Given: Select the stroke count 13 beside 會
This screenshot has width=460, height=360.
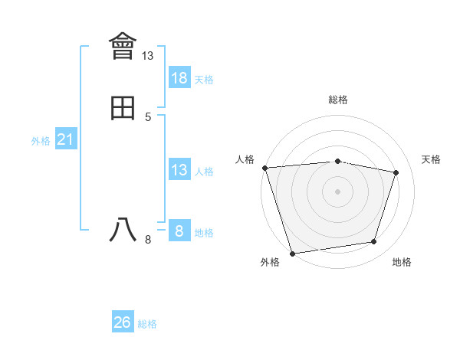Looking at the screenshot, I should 148,56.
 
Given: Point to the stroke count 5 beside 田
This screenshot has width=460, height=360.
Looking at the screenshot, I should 148,117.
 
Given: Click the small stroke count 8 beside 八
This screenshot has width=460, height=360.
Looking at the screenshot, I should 148,240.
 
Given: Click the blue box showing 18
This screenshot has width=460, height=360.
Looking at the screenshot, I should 179,78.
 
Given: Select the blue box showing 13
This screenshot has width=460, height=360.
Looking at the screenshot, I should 179,170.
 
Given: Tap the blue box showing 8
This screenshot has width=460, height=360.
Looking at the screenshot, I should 179,231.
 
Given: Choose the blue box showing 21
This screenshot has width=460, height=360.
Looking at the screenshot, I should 66,139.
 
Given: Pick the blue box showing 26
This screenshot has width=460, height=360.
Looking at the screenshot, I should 123,322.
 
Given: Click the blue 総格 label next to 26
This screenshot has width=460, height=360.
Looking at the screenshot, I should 147,324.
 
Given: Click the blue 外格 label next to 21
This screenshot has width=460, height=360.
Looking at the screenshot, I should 41,141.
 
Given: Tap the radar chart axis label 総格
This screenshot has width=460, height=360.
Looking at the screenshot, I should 338,100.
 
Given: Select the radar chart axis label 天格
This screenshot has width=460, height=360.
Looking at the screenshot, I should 431,159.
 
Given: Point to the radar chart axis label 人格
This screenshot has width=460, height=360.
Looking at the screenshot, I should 245,159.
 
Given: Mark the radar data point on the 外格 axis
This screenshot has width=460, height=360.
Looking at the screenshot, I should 292,253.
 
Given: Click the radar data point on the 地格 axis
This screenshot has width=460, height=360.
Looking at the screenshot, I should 374,242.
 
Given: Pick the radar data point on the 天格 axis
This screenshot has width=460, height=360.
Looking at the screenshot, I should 396,172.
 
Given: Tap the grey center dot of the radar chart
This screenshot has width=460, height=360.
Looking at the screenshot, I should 338,191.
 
